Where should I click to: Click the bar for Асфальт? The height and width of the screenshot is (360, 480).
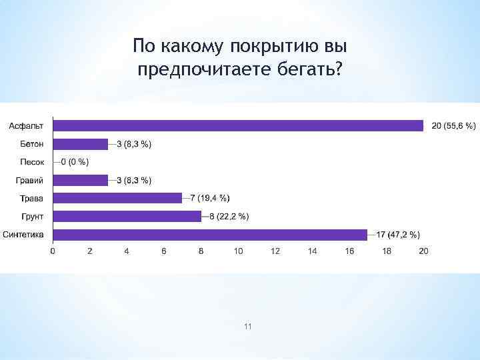point(238,125)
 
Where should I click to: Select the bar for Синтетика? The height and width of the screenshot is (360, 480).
point(209,235)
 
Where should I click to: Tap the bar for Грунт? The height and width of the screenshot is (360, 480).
point(127,216)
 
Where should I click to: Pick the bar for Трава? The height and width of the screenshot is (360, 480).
point(117,198)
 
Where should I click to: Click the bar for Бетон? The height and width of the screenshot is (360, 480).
point(80,144)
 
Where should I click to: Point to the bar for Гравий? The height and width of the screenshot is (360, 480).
point(80,180)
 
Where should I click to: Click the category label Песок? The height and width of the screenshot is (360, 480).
point(32,162)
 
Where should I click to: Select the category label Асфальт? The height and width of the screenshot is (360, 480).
point(27,126)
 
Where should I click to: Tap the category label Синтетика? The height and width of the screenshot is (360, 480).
point(23,235)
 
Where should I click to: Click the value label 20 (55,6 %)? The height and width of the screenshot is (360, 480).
point(454,126)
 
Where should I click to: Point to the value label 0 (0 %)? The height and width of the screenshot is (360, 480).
point(75,162)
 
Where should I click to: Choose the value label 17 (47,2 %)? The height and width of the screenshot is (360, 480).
point(398,235)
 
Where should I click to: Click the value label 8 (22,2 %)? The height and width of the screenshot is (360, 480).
point(229,216)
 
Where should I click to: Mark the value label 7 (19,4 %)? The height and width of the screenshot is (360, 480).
point(210,198)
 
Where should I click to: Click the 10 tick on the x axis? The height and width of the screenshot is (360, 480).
point(238,251)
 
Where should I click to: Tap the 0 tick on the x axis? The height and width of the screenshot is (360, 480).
point(53,251)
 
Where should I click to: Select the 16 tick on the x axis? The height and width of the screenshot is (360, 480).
point(349,251)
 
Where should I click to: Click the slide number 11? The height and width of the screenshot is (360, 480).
point(248,326)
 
